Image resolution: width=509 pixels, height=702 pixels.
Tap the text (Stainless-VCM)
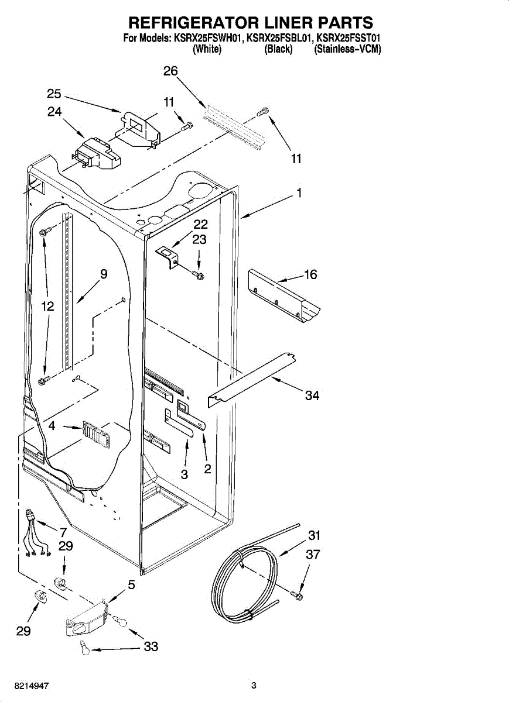coord(348,49)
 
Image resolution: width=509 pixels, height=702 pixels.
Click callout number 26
coord(170,71)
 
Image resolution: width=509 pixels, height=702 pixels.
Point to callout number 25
coord(54,94)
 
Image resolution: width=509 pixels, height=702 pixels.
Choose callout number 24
coord(54,112)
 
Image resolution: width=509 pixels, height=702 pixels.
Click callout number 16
coord(310,274)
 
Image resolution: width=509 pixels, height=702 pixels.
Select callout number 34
coord(312,395)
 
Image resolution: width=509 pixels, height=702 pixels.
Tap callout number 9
coord(104,274)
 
